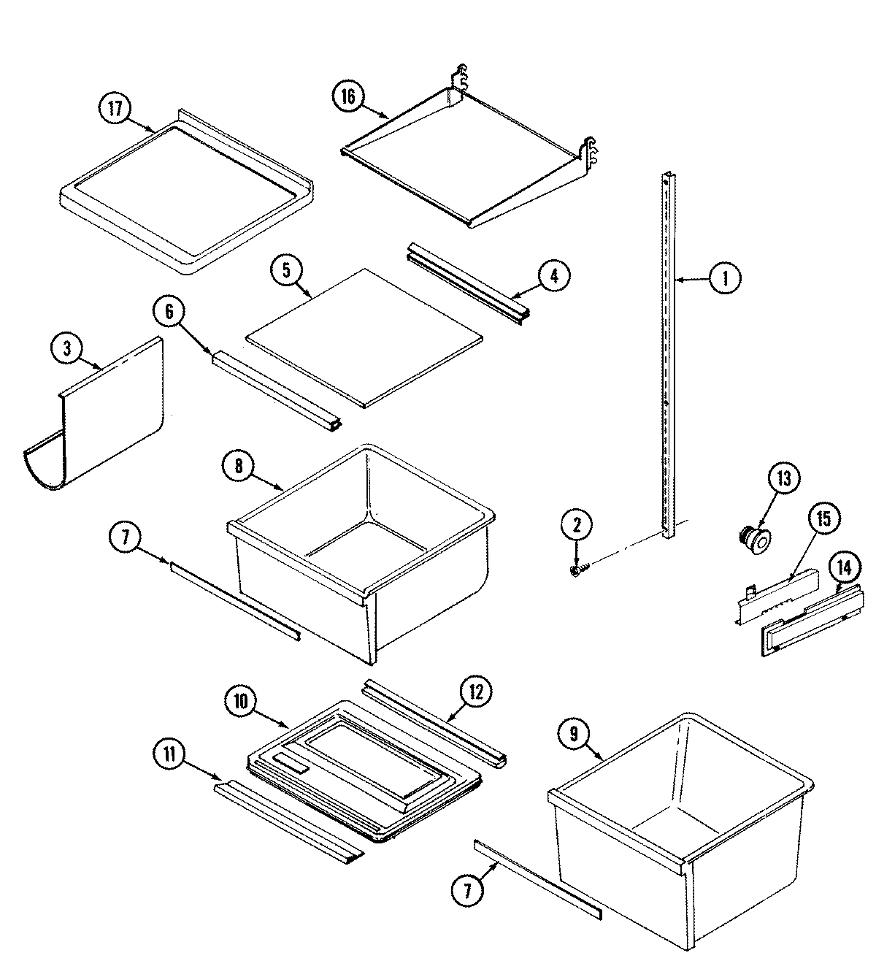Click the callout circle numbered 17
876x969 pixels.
point(115,109)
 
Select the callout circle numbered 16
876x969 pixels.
point(349,97)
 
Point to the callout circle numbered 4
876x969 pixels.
point(553,275)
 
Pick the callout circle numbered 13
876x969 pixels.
point(783,479)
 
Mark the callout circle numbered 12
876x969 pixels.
point(476,692)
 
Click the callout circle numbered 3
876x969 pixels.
point(67,349)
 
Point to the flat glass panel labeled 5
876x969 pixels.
point(365,336)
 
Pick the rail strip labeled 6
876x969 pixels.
point(277,391)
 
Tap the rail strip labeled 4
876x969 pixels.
point(467,285)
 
